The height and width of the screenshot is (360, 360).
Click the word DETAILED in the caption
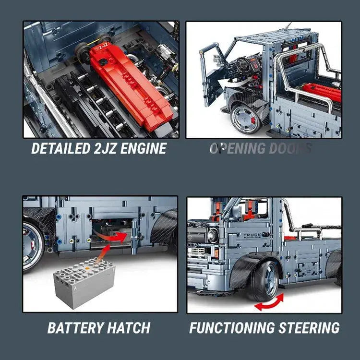[x=60, y=148]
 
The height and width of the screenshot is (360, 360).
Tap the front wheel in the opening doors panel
[x=245, y=118]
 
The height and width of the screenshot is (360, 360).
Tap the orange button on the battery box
[x=98, y=262]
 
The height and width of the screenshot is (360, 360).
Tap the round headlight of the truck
[x=213, y=235]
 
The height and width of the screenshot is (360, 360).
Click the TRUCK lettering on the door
[x=252, y=236]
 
